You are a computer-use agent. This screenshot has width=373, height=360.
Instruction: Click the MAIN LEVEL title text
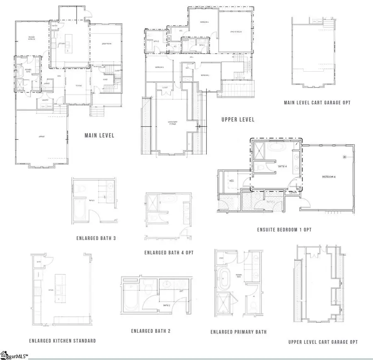click(x=99, y=135)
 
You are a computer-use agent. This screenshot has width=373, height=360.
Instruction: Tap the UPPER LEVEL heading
click(x=238, y=120)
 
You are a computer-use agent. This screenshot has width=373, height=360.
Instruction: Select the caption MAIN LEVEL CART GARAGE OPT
click(x=317, y=102)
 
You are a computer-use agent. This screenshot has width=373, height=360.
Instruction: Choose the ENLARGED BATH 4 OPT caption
click(x=169, y=252)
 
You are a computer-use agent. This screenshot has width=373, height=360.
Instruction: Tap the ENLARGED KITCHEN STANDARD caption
click(x=63, y=341)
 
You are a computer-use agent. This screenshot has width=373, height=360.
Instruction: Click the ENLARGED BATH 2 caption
click(x=151, y=331)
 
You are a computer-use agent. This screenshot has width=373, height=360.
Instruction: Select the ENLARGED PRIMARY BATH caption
click(x=238, y=332)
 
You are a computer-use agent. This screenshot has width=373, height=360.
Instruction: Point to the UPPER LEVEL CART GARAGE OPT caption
click(x=323, y=342)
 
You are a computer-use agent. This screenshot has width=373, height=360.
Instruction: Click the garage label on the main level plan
click(x=41, y=137)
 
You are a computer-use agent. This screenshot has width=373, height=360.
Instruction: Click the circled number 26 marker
click(x=344, y=157)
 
